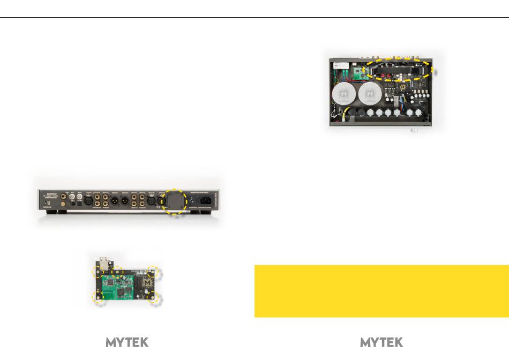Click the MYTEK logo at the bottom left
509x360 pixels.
127,342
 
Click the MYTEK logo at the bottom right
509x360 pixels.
381,342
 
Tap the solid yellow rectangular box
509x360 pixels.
381,291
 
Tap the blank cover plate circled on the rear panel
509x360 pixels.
175,200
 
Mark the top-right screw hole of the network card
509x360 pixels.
154,272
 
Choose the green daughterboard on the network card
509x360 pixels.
121,284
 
